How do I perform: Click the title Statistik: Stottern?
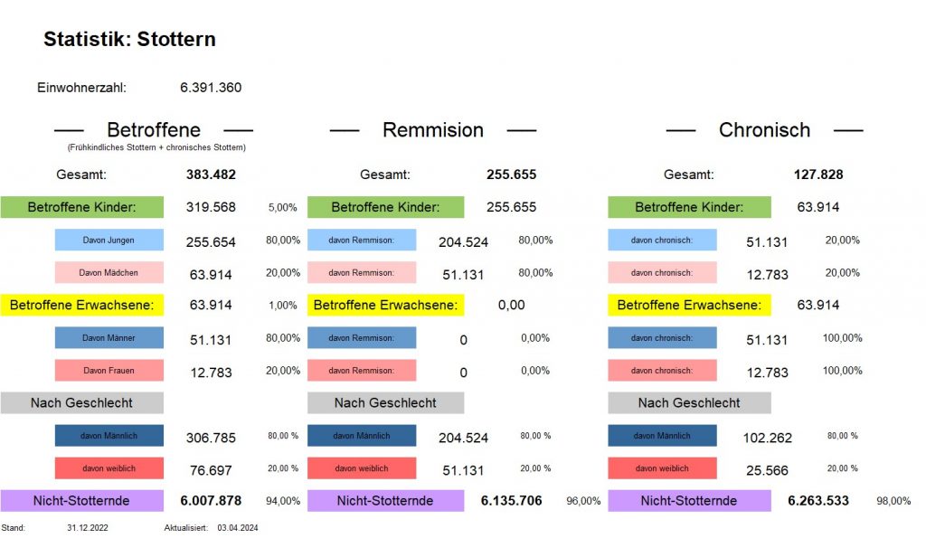tap(129, 40)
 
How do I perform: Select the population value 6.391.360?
tap(211, 88)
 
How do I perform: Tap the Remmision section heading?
tap(432, 130)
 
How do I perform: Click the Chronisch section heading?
tap(764, 130)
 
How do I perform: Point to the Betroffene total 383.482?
tap(211, 175)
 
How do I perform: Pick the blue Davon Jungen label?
tap(109, 240)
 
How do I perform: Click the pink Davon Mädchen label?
tap(109, 272)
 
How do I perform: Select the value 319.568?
tap(211, 207)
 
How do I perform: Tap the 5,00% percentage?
tap(282, 208)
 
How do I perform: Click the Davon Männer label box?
tap(109, 337)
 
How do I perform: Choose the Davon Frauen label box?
tap(109, 370)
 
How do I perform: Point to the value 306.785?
tap(211, 438)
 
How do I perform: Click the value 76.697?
tap(211, 470)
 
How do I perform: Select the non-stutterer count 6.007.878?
tap(211, 500)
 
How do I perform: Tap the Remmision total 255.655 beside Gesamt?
tap(511, 175)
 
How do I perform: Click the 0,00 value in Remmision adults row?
tap(511, 305)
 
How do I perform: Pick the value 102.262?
tap(769, 438)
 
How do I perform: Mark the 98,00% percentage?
tap(893, 501)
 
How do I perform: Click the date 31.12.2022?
tap(88, 527)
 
